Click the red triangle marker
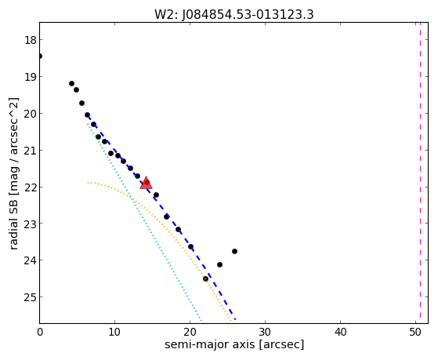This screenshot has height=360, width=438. pos(146,183)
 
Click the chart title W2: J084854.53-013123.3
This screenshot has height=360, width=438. pos(234,15)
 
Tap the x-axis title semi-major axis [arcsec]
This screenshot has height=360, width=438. pos(234,344)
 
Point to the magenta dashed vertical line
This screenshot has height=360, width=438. pos(420,173)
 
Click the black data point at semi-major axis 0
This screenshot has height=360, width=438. pos(40,56)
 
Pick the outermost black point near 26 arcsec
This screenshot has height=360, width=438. pos(234,252)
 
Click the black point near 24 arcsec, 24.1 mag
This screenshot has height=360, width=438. pos(219,264)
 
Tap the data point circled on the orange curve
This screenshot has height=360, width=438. pos(205,279)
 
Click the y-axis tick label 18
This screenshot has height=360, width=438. pos(31,40)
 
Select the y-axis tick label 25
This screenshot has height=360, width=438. pos(31,297)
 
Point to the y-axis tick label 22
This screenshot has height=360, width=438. pos(31,187)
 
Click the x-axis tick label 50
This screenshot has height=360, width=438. pos(415,332)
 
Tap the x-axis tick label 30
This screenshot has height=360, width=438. pos(265,332)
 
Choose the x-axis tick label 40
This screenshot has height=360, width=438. pos(340,332)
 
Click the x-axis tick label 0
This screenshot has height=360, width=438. pos(40,332)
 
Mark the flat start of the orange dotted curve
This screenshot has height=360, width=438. pos(89,183)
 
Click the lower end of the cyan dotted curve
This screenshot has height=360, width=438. pos(201,321)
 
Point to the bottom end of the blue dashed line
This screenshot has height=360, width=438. pos(235,319)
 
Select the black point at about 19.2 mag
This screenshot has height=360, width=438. pos(71,83)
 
